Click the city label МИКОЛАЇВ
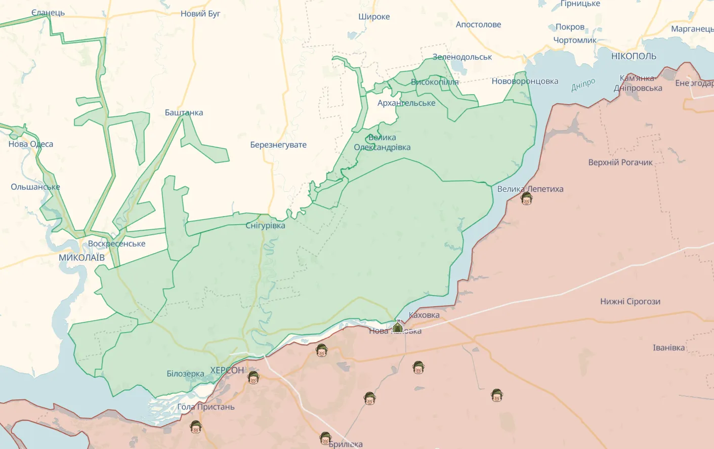(81, 258)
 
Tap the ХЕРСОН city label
(227, 371)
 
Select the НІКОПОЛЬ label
(634, 56)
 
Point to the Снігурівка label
(265, 226)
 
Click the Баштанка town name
(184, 112)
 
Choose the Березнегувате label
(278, 145)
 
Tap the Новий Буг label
(200, 14)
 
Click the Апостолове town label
(478, 24)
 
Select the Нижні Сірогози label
(630, 302)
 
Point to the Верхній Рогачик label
(620, 162)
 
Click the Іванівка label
(668, 348)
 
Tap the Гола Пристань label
(206, 407)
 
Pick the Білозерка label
(185, 374)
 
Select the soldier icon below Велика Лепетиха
(527, 199)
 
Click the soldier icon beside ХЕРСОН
(253, 378)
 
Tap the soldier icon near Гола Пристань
(196, 427)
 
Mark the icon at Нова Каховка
(398, 327)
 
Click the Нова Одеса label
(30, 144)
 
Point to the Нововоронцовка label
(525, 81)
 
